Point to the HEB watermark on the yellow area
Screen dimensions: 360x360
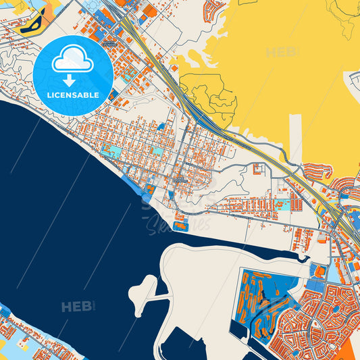(282, 52)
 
